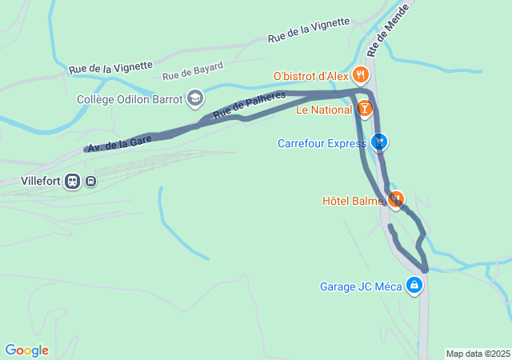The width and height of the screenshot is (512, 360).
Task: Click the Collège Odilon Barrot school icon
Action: click(194, 99)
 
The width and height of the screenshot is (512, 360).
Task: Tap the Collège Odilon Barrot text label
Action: click(130, 100)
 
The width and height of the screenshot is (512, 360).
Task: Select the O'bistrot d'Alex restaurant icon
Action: click(361, 76)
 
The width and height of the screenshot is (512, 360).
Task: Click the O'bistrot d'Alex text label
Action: click(310, 76)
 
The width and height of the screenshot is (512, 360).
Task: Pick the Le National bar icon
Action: click(365, 109)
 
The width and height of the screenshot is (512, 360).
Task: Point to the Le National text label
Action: click(324, 110)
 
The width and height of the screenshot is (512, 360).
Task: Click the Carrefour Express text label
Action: click(322, 144)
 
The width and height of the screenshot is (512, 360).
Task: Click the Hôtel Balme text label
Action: click(353, 201)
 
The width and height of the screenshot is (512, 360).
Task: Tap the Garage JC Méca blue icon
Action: click(414, 285)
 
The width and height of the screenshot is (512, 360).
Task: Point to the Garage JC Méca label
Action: click(361, 286)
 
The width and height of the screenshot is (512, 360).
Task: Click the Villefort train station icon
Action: click(73, 181)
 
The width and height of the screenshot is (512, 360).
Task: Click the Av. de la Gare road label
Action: click(119, 143)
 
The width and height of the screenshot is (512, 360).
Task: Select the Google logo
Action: click(26, 350)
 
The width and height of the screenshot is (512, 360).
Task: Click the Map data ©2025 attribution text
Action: click(478, 354)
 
